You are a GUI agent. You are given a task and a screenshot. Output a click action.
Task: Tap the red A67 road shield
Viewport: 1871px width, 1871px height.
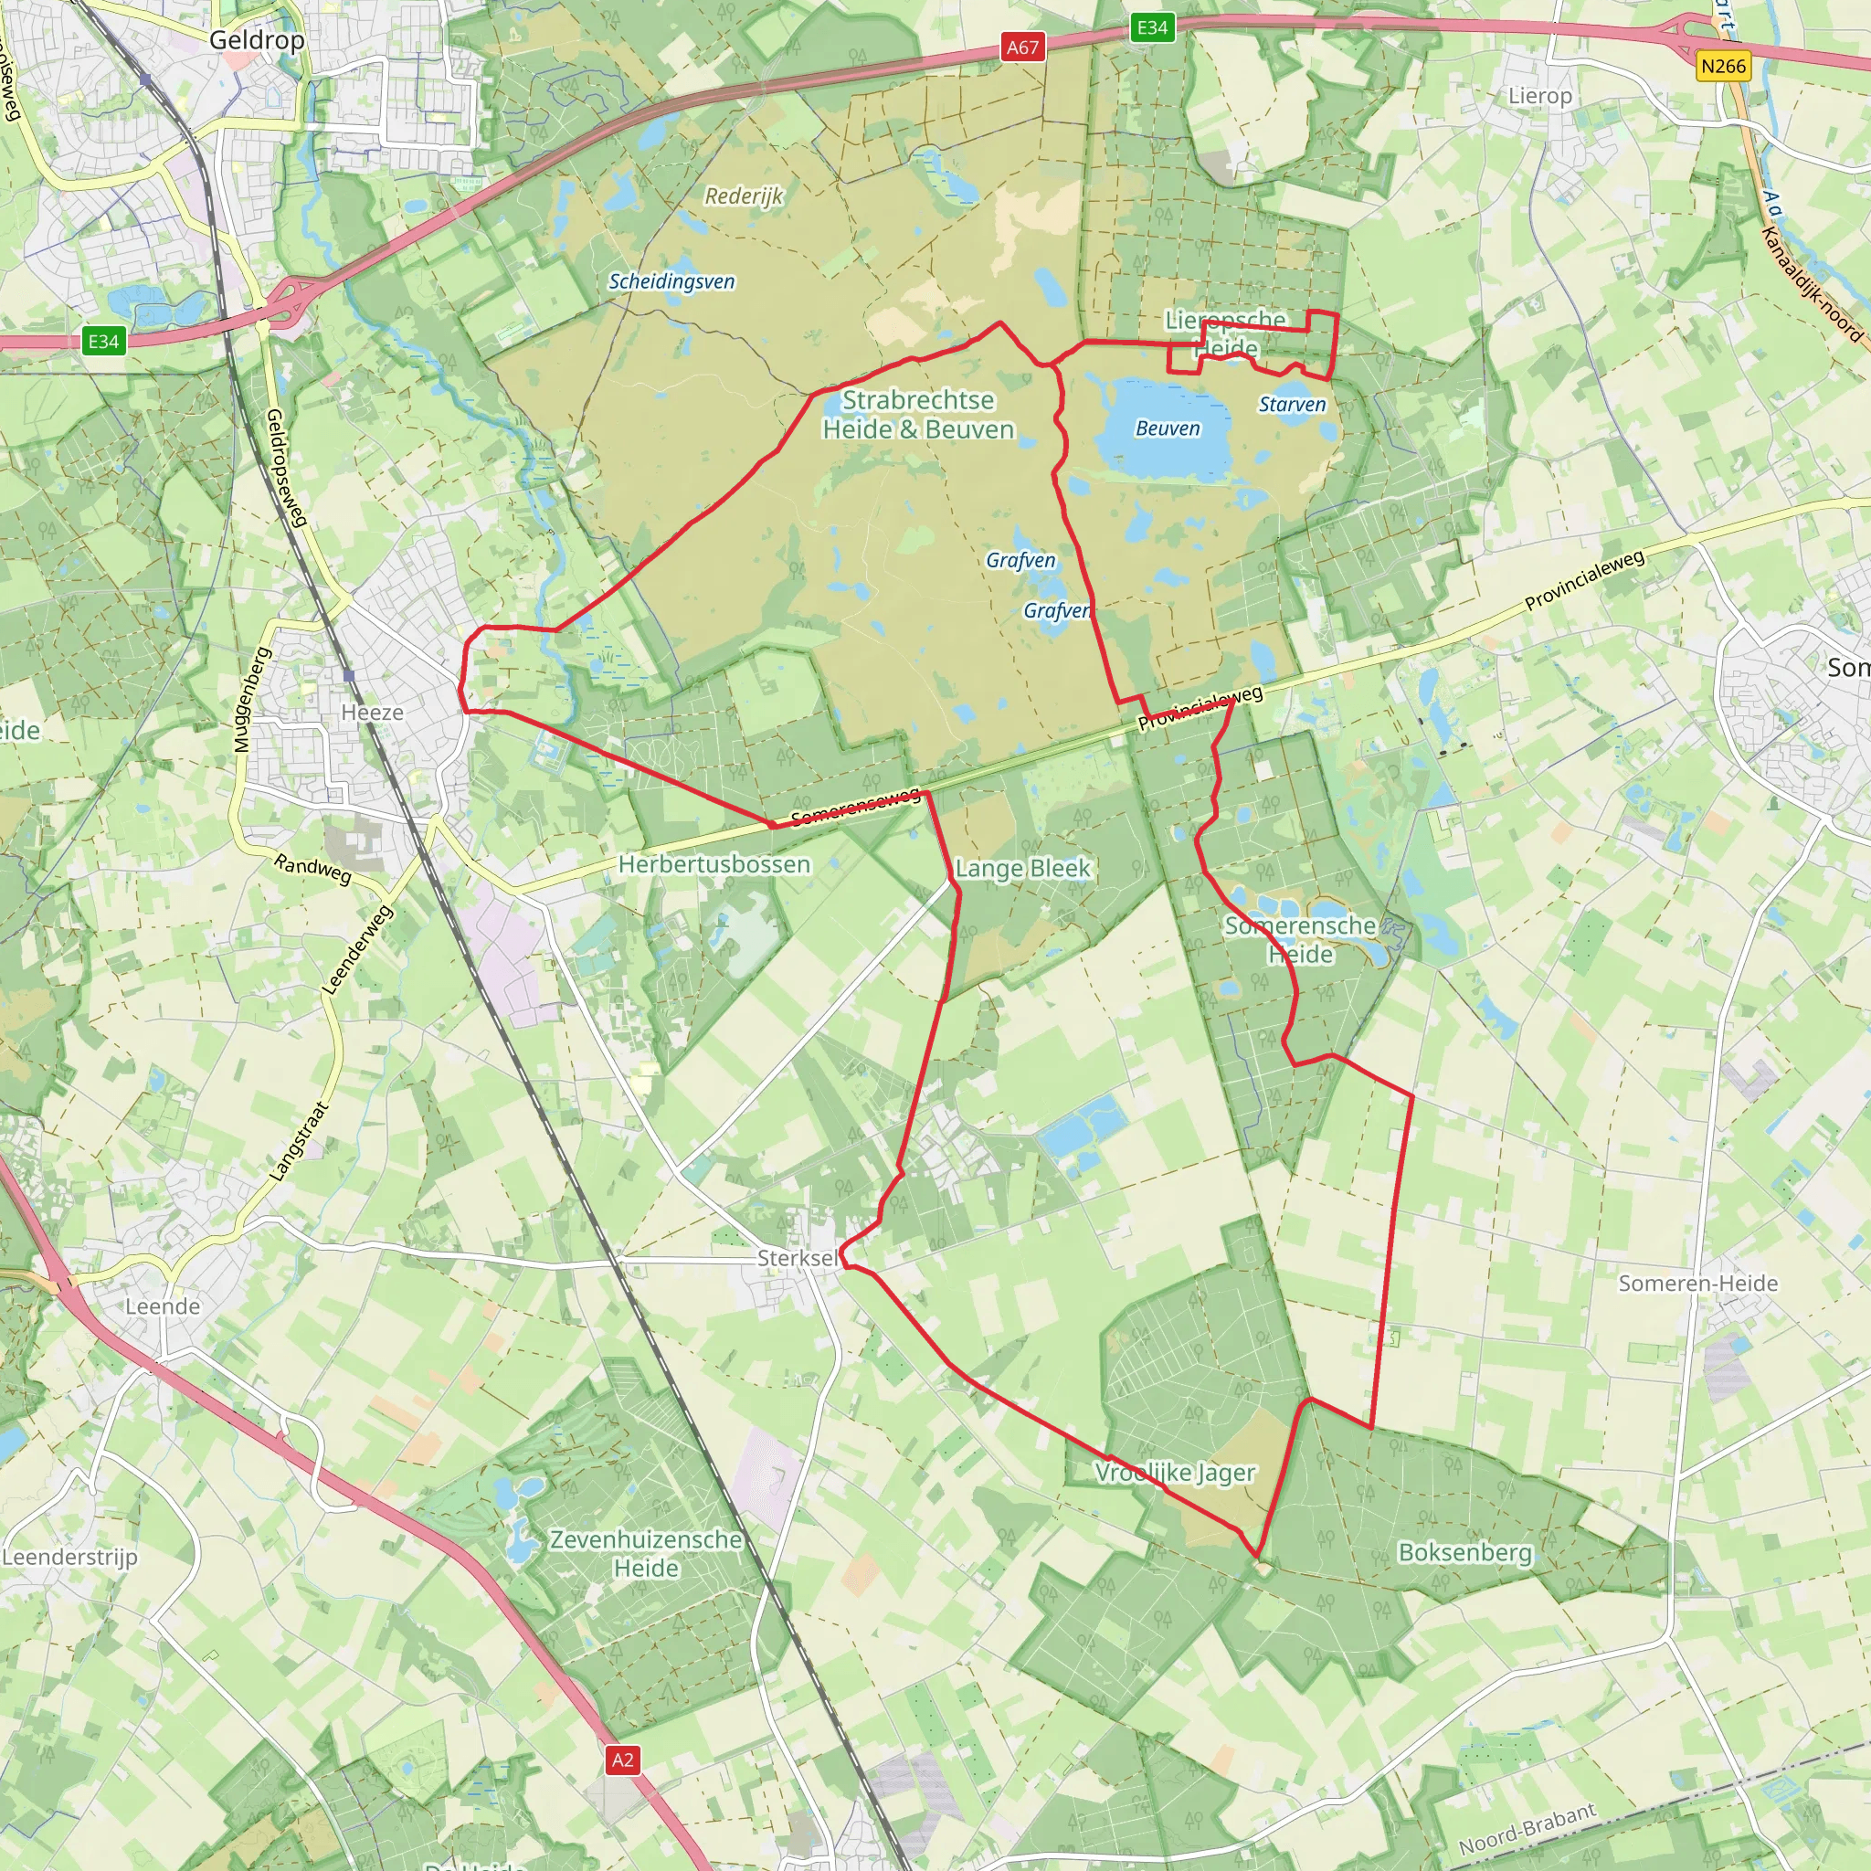click(x=1022, y=48)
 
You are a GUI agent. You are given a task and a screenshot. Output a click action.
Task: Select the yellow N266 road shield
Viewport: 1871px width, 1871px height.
click(x=1724, y=66)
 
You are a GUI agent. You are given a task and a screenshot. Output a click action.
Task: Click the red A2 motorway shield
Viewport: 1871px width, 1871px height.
click(x=623, y=1760)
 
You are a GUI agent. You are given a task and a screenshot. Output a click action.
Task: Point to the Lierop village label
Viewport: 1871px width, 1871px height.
click(x=1539, y=96)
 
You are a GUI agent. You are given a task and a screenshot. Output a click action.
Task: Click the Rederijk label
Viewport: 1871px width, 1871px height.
click(x=744, y=196)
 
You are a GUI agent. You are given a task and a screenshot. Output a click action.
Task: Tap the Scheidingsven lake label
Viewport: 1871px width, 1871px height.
click(x=671, y=281)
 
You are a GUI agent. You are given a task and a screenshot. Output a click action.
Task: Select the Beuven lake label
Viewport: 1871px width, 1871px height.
click(x=1167, y=429)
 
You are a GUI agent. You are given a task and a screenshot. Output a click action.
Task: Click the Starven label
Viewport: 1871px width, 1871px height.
click(x=1292, y=405)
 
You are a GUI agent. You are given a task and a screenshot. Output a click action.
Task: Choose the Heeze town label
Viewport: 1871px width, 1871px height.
click(x=372, y=713)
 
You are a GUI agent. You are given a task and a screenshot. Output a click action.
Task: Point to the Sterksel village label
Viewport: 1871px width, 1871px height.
click(x=798, y=1258)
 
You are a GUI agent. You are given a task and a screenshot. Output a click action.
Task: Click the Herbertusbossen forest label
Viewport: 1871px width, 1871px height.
click(x=714, y=864)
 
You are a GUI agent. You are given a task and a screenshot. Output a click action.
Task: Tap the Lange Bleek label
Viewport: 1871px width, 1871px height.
click(x=1022, y=869)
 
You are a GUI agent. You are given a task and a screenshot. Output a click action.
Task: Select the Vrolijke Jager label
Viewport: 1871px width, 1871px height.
click(x=1175, y=1473)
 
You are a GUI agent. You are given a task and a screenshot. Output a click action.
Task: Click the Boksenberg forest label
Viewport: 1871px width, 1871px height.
click(x=1465, y=1552)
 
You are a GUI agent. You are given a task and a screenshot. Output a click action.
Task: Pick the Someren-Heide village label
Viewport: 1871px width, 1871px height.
click(x=1698, y=1284)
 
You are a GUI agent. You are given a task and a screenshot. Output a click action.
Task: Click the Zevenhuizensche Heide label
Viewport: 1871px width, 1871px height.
click(x=646, y=1553)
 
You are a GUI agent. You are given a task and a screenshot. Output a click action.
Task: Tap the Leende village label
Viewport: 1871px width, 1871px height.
click(x=163, y=1306)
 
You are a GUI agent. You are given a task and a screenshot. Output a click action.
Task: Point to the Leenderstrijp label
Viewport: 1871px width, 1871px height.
click(x=69, y=1556)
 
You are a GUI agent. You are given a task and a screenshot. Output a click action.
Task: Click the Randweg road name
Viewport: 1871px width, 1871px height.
click(x=312, y=868)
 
